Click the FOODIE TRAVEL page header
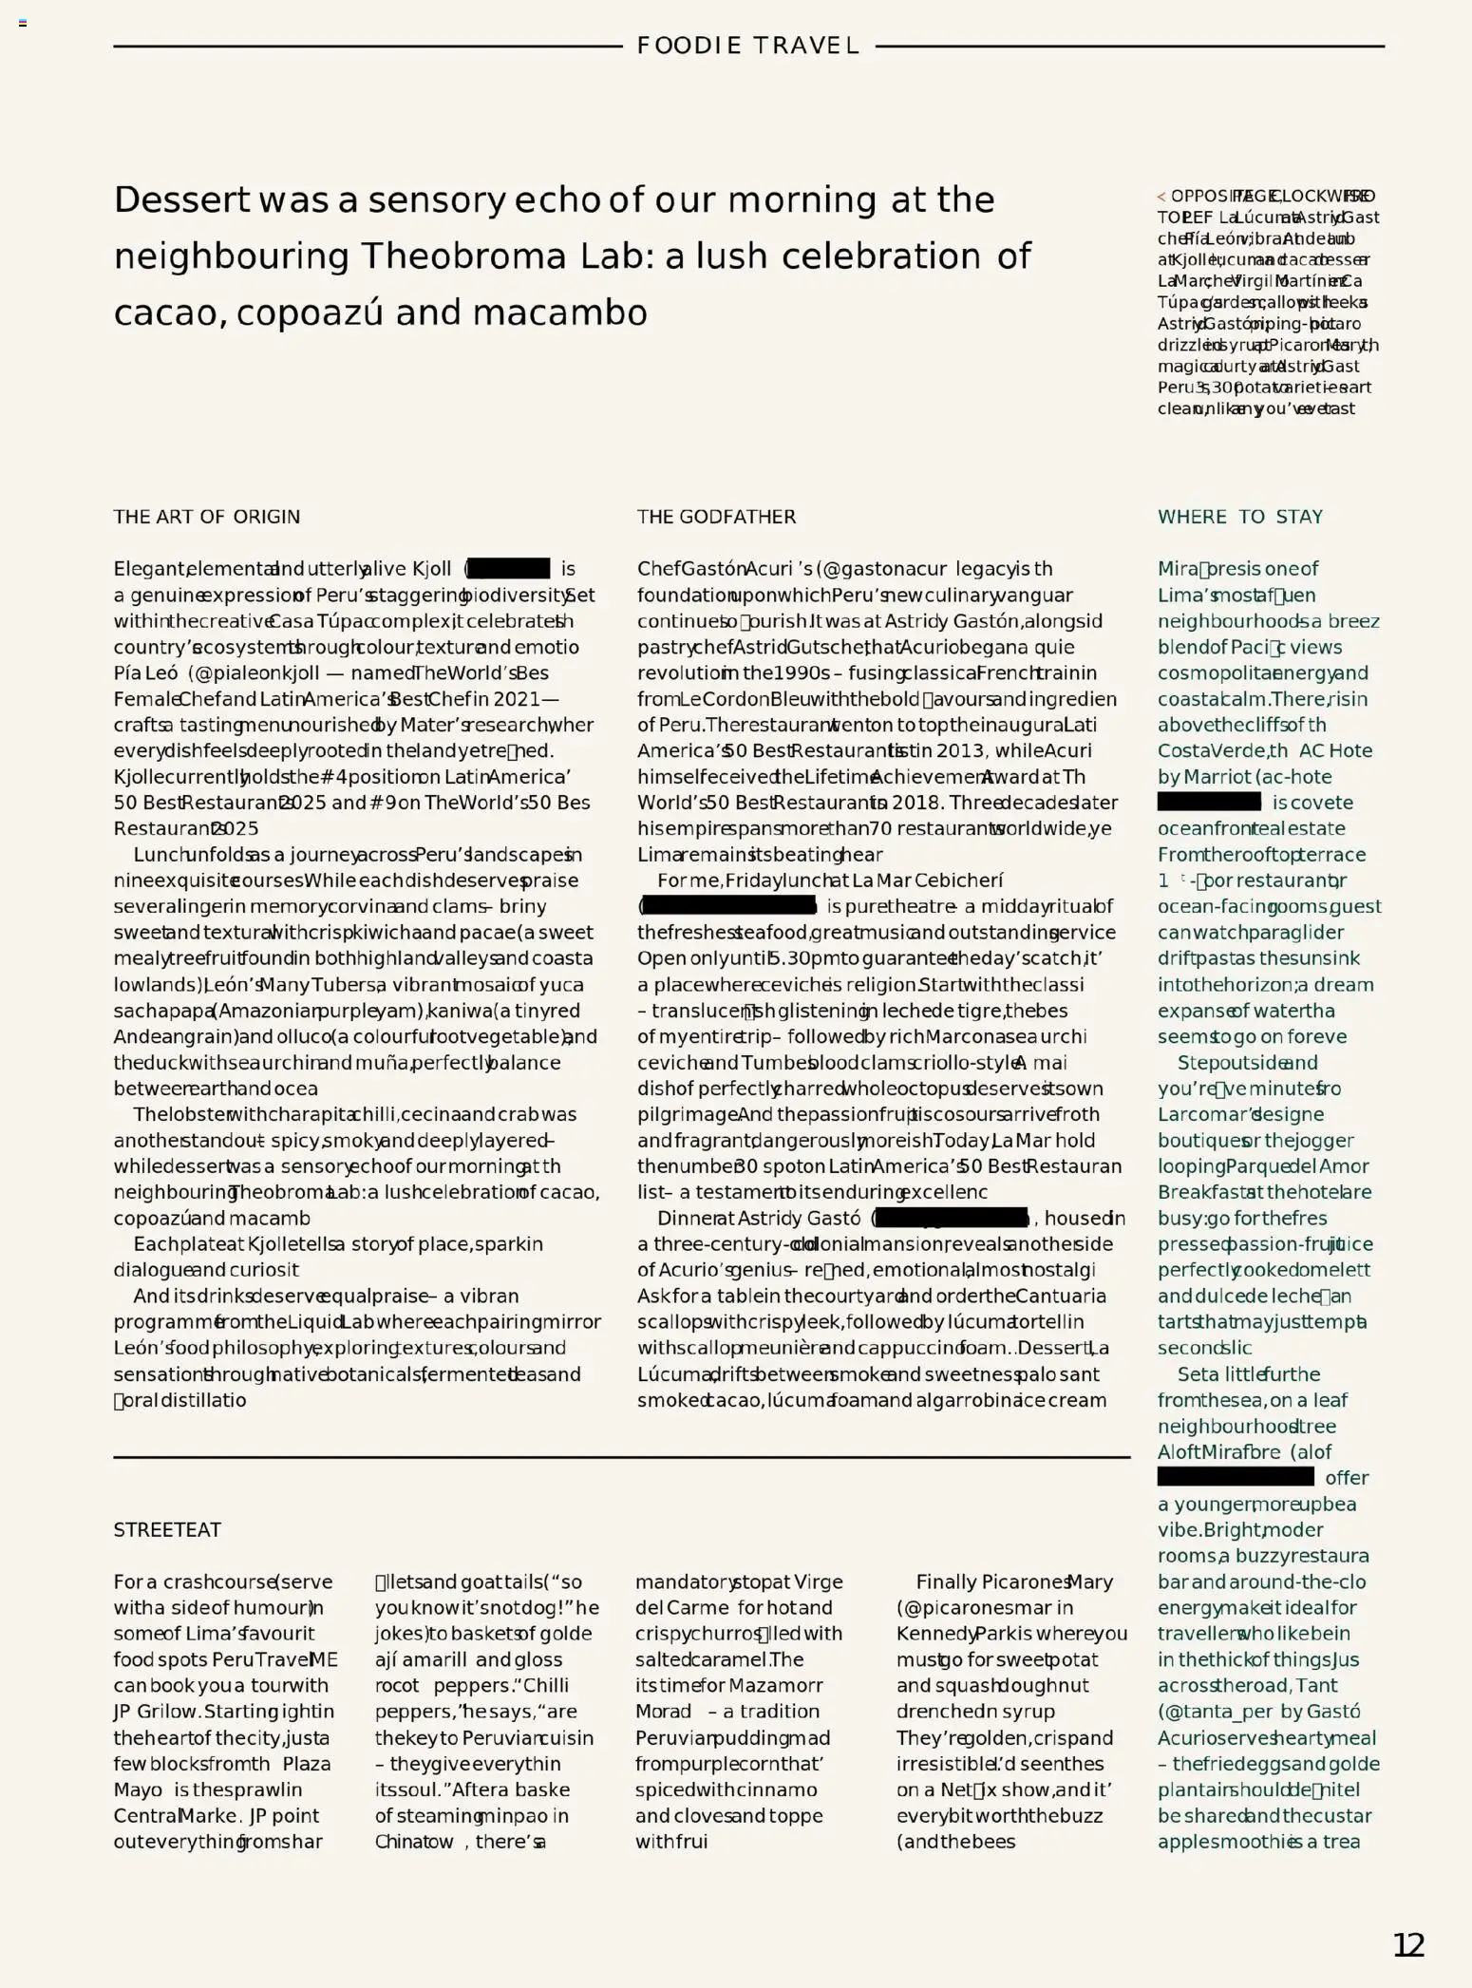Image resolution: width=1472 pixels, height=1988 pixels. point(747,46)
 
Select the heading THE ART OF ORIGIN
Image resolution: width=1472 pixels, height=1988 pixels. point(206,517)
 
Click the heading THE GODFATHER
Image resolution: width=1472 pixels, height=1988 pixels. point(716,517)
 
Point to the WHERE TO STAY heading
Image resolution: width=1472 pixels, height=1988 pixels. point(1239,517)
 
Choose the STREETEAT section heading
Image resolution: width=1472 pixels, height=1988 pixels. point(167,1530)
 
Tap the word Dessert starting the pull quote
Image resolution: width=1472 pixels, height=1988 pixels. point(181,200)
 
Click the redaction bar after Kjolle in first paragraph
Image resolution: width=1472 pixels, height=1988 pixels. point(509,569)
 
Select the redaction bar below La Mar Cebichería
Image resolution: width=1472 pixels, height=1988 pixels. point(729,906)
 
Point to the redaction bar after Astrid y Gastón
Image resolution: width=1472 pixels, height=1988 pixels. point(952,1218)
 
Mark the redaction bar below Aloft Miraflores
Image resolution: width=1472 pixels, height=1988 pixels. point(1235,1478)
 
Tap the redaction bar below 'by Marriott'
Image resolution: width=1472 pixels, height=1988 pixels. point(1209,803)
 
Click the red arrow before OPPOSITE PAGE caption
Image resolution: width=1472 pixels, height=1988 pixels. point(1161,197)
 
